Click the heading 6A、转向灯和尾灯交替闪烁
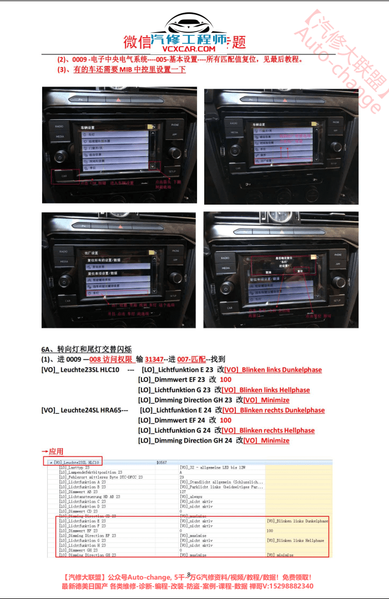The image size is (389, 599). coord(86,349)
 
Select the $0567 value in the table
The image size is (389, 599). coord(161,462)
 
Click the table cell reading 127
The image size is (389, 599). coord(183,491)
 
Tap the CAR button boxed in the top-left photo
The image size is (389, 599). coord(64,176)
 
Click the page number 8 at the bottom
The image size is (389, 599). coord(189,575)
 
